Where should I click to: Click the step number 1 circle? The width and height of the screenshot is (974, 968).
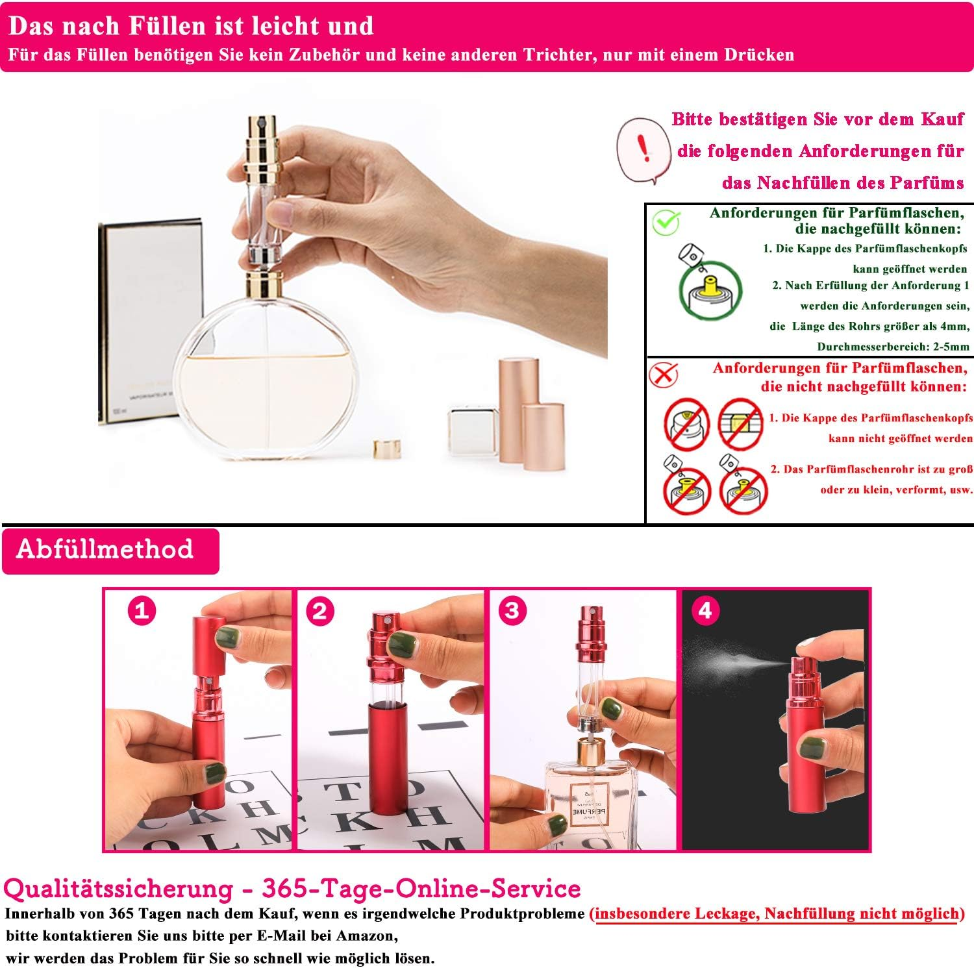pyautogui.click(x=142, y=611)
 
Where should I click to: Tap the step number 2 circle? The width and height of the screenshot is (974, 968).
pyautogui.click(x=319, y=611)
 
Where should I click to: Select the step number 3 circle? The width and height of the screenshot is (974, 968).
pyautogui.click(x=512, y=610)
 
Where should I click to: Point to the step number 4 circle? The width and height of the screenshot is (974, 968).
pyautogui.click(x=705, y=610)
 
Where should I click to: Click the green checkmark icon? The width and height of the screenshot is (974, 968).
pyautogui.click(x=666, y=221)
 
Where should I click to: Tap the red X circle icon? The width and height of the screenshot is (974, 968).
pyautogui.click(x=663, y=374)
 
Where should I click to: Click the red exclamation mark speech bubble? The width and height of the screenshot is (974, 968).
pyautogui.click(x=642, y=150)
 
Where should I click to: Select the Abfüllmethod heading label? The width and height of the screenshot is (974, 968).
pyautogui.click(x=105, y=549)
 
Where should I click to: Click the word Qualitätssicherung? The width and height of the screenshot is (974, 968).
pyautogui.click(x=118, y=889)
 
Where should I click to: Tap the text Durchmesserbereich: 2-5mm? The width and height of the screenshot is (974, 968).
pyautogui.click(x=893, y=347)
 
